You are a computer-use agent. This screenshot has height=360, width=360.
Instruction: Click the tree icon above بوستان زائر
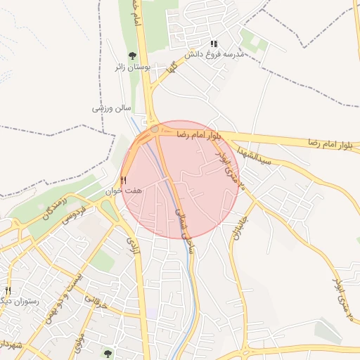(131, 56)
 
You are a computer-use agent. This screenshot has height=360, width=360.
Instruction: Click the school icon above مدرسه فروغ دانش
(214, 44)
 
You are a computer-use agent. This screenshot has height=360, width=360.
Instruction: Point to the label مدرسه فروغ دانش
(214, 54)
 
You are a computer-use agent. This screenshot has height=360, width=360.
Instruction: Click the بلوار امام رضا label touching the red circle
(198, 133)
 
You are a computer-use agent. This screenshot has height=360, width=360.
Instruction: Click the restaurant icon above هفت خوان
(123, 180)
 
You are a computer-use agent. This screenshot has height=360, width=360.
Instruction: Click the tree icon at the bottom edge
(108, 354)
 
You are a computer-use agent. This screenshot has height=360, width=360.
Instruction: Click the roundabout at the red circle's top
(154, 129)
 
